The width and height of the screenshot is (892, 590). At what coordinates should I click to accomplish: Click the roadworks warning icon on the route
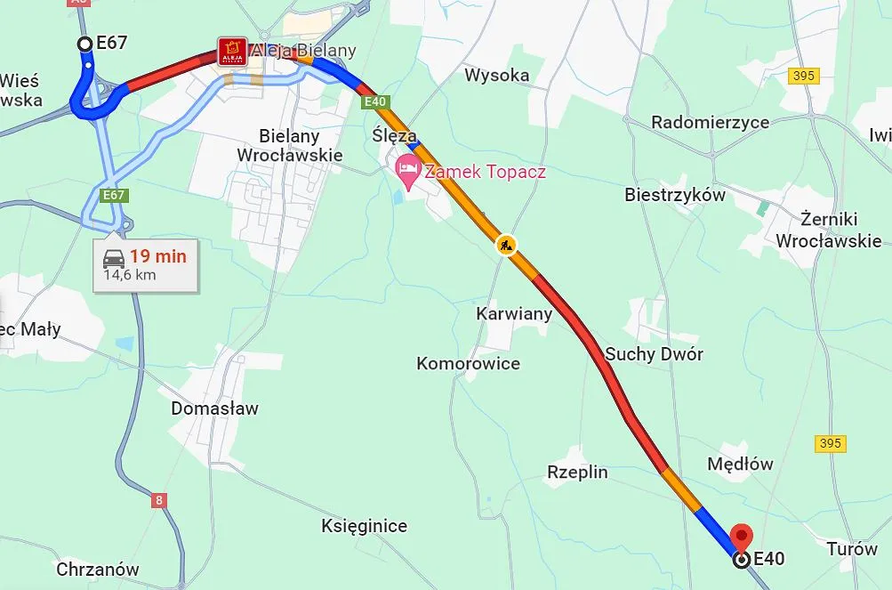(x=506, y=245)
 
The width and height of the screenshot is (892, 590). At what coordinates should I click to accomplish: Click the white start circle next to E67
(x=84, y=44)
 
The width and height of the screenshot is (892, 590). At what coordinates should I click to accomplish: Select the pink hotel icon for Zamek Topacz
(x=407, y=168)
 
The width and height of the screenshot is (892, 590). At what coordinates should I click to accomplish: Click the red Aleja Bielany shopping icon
(x=233, y=50)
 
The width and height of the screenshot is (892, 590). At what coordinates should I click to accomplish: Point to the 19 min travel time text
(x=157, y=256)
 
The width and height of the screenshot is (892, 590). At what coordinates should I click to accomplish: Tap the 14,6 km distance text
(x=130, y=275)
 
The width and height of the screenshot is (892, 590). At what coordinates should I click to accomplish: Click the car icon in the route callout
(x=113, y=259)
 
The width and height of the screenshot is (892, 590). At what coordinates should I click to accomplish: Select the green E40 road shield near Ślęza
(x=374, y=102)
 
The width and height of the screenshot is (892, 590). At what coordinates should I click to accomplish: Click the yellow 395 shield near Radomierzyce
(x=802, y=76)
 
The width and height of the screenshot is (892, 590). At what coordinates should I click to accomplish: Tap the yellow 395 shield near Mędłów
(x=830, y=443)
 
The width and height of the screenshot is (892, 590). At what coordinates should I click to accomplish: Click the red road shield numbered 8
(x=159, y=500)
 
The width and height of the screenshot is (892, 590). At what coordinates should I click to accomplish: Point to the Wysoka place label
(x=496, y=76)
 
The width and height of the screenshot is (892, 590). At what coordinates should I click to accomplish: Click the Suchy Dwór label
(x=654, y=354)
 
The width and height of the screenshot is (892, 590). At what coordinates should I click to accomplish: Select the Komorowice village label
(x=468, y=363)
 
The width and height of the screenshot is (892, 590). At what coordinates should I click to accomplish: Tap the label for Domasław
(x=214, y=408)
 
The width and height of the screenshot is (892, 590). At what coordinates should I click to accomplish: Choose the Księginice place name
(x=364, y=526)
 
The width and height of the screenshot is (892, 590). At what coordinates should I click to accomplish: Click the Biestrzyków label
(x=674, y=194)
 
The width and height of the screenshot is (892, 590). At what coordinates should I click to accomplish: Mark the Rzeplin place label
(x=577, y=472)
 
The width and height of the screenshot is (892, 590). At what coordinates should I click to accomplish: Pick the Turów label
(x=851, y=548)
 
